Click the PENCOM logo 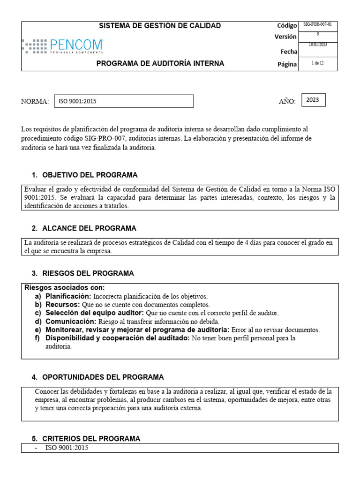[62, 46]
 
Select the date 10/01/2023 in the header [317, 45]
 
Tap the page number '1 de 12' [317, 63]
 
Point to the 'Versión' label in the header [285, 37]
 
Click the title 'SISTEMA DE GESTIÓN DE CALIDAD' [160, 26]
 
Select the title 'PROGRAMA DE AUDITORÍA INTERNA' [160, 63]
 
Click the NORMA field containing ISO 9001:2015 [124, 101]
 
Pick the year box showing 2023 [313, 100]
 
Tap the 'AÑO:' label [287, 102]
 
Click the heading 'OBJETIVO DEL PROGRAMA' [90, 175]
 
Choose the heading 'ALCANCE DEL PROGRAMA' [89, 228]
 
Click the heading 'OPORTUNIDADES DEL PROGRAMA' [103, 377]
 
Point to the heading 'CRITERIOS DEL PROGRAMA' [91, 439]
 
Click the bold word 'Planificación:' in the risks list [68, 296]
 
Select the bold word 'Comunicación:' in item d [70, 322]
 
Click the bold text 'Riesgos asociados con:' [65, 287]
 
